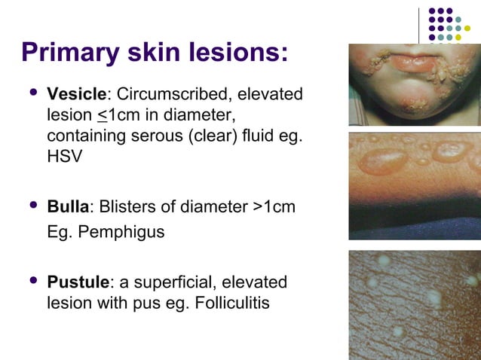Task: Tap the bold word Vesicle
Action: click(x=76, y=95)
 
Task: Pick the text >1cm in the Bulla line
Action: click(x=272, y=207)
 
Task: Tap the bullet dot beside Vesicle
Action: click(x=32, y=93)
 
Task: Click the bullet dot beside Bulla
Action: click(x=32, y=206)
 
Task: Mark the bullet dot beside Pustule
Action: click(x=32, y=281)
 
